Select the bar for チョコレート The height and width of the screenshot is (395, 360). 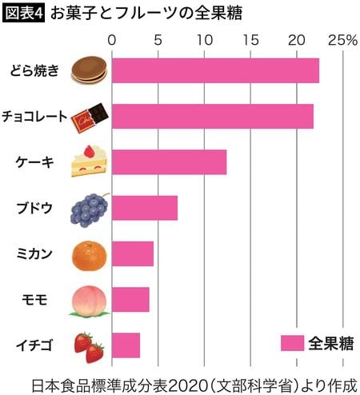pos(212,116)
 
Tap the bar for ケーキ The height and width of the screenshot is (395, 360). pos(169,162)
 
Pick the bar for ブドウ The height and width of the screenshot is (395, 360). pos(144,208)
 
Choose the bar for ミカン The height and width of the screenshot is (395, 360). pos(132,253)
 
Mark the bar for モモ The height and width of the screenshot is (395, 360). pos(130,300)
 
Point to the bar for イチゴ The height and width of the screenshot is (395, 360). pos(126,345)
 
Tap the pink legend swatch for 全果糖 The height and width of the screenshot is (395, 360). pos(292,342)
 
